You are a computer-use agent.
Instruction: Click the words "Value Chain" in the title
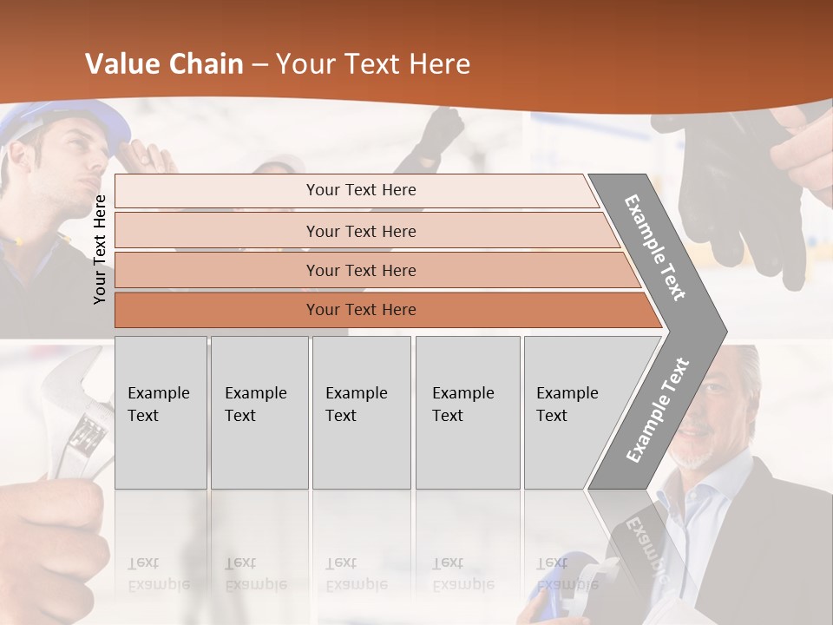[164, 64]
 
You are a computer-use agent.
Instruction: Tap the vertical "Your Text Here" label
[101, 249]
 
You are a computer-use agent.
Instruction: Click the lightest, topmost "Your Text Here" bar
[360, 190]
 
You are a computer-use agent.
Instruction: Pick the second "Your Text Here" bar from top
[360, 231]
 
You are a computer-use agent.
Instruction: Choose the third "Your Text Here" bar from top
[360, 270]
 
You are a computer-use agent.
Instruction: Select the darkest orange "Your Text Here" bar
[360, 310]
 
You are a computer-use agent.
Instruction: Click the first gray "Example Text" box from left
[161, 412]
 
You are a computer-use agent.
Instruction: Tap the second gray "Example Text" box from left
[259, 412]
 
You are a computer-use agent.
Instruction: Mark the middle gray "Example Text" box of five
[361, 412]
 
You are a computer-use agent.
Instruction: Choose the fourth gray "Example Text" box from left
[467, 412]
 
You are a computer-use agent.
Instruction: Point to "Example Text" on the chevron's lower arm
[658, 410]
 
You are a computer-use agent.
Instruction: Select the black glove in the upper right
[738, 191]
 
